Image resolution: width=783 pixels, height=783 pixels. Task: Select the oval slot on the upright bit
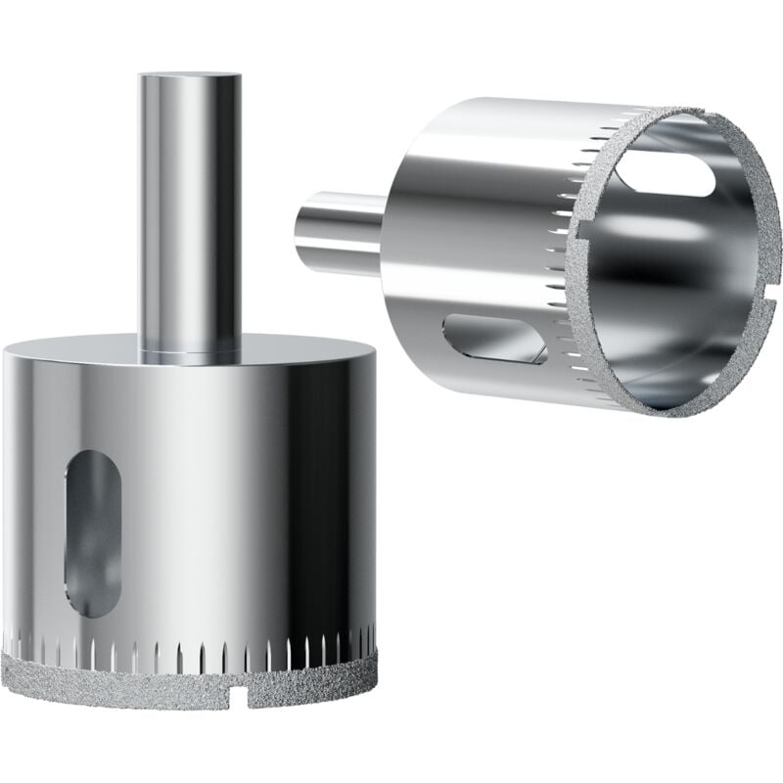pos(93,533)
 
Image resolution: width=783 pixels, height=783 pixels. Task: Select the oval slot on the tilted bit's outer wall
pos(494,339)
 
